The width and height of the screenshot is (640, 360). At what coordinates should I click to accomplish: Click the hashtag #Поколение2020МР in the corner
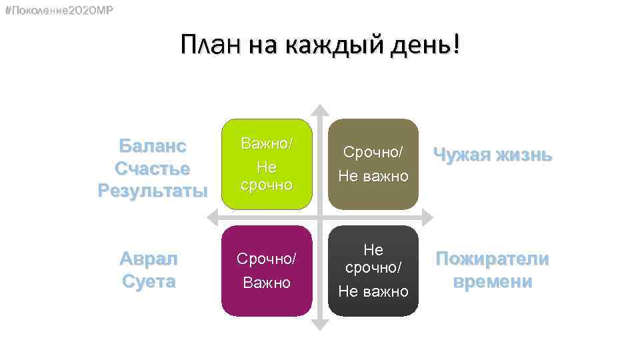(58, 11)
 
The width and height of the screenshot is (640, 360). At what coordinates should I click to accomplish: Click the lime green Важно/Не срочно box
(267, 163)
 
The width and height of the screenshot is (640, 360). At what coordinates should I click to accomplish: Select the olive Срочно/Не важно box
(373, 163)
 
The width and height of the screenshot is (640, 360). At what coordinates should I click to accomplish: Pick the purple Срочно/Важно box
(267, 270)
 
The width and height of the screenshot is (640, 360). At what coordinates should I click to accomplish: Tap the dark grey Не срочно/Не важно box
(373, 270)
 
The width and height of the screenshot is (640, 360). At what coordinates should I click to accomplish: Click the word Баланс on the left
(152, 145)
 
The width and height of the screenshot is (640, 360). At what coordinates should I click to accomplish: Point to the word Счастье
(152, 168)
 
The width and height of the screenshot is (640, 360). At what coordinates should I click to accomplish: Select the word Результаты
(152, 191)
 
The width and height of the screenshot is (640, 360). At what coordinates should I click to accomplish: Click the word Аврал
(149, 259)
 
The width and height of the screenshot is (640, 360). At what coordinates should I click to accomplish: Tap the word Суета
(149, 281)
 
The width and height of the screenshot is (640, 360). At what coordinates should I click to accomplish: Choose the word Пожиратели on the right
(493, 259)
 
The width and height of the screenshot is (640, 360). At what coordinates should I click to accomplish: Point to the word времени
(493, 281)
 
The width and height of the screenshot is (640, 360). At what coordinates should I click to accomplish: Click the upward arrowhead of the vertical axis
(320, 109)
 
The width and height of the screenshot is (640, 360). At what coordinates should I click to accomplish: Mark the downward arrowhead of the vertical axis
(320, 325)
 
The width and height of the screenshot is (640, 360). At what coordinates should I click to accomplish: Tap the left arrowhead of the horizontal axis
(213, 217)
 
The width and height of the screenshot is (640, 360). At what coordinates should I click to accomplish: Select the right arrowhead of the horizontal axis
(427, 217)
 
